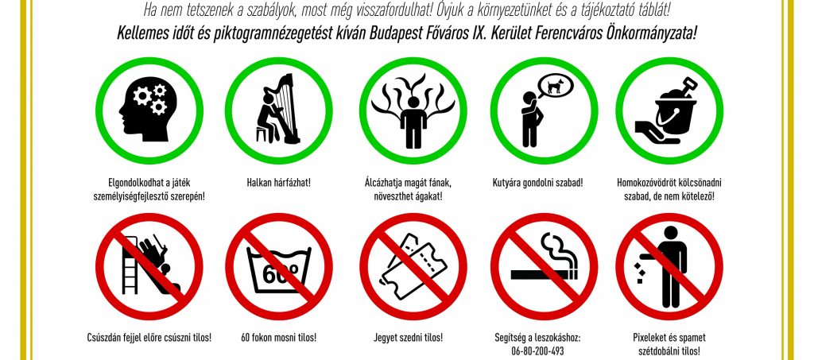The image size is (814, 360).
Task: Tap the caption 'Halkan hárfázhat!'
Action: tap(279, 183)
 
